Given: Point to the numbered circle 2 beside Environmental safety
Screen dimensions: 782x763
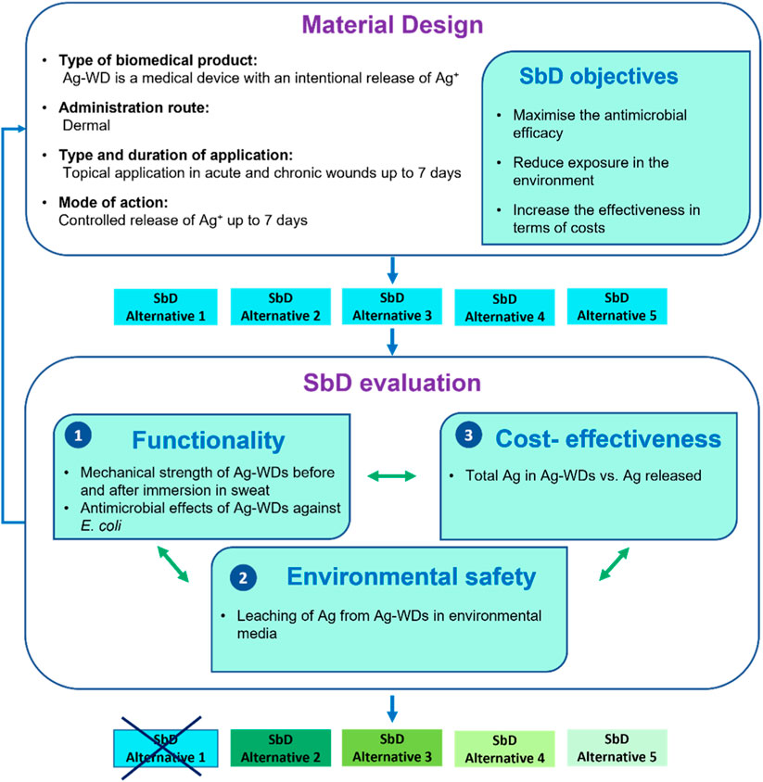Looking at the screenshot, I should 241,576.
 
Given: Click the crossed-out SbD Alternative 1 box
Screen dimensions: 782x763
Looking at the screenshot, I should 166,749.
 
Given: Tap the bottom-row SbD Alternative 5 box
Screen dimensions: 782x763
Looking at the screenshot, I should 617,749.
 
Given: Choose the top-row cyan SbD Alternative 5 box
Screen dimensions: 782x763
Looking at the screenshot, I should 617,308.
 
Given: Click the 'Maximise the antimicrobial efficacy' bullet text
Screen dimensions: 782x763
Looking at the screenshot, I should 575,125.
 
